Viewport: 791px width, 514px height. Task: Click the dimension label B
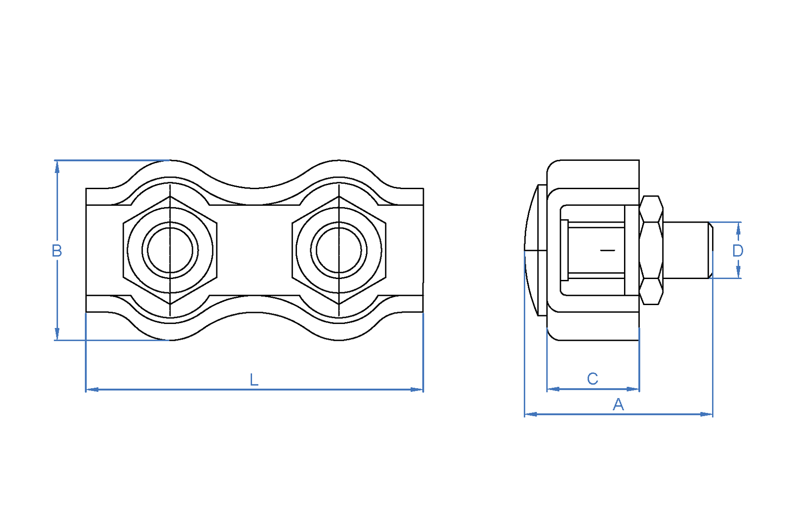pos(56,250)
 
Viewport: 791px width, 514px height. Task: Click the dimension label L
pos(254,380)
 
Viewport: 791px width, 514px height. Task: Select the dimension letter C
pos(592,378)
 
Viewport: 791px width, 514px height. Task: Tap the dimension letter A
pos(618,404)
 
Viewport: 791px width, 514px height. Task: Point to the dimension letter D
pos(738,251)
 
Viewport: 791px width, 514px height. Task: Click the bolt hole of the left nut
pos(170,250)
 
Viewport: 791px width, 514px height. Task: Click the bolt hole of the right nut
pos(339,250)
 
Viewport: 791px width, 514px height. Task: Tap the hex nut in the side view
pos(651,250)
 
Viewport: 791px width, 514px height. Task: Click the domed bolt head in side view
pos(535,250)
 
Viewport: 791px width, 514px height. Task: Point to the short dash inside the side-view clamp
pos(608,250)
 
